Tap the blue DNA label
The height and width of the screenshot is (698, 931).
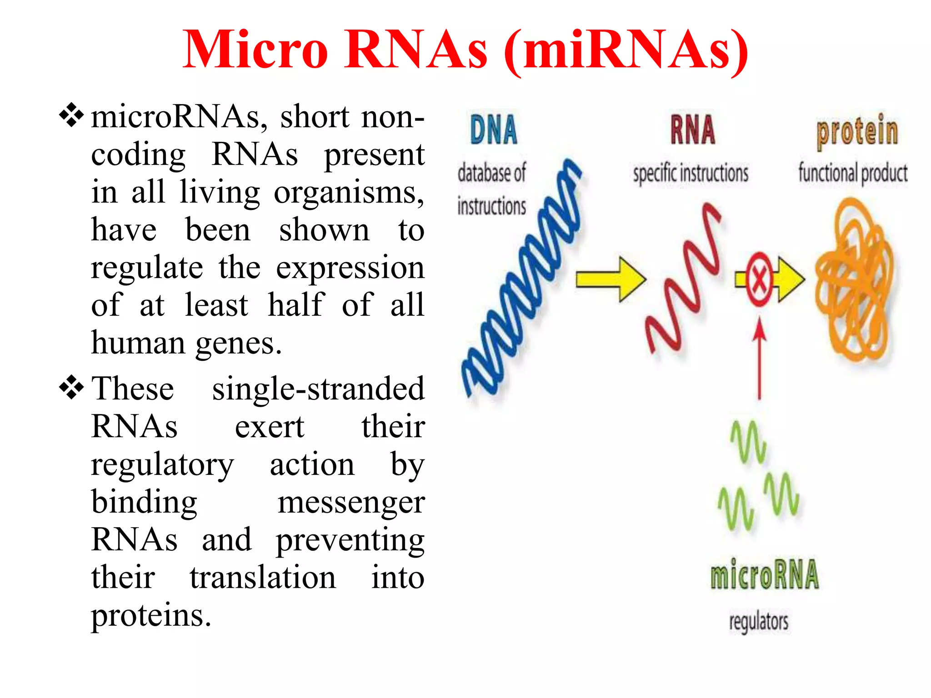[x=494, y=130]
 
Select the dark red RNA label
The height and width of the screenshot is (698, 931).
[x=692, y=130]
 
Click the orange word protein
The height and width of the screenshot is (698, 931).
[x=857, y=132]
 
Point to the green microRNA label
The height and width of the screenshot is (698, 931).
[x=765, y=574]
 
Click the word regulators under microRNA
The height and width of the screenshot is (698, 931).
[x=759, y=622]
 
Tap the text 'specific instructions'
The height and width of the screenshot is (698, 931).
[x=691, y=174]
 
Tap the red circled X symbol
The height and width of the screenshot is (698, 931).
[x=759, y=279]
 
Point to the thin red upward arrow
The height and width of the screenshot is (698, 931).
[x=759, y=359]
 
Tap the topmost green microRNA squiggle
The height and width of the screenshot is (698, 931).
[x=748, y=441]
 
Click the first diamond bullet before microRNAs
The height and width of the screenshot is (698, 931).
[x=71, y=115]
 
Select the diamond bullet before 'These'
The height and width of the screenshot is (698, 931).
[x=71, y=388]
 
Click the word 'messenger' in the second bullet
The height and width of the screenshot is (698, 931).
[x=351, y=503]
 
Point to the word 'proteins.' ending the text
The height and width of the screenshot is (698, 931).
[x=151, y=615]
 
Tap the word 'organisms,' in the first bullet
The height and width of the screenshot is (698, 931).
[x=349, y=193]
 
